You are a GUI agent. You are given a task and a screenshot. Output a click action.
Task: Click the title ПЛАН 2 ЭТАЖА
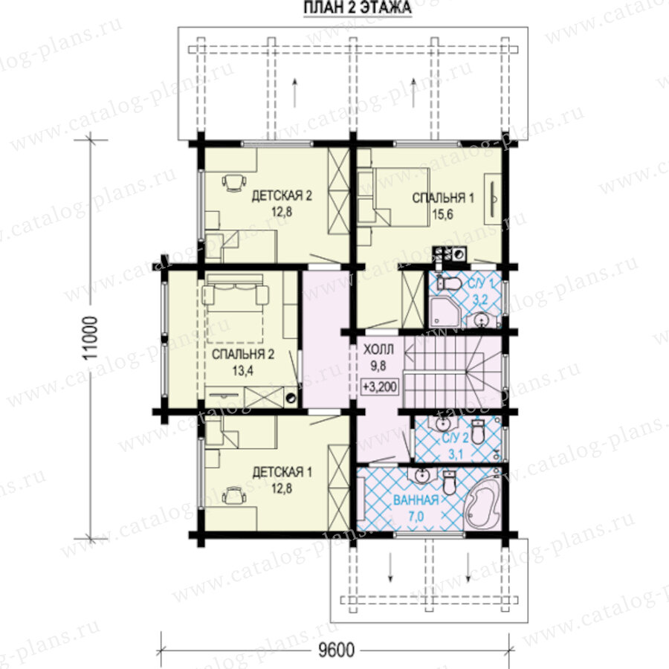click(358, 7)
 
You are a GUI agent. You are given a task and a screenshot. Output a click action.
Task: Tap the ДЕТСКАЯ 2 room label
click(282, 195)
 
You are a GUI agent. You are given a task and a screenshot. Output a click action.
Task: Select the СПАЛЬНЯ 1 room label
click(443, 198)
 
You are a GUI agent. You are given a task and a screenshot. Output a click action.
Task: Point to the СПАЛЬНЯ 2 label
click(243, 354)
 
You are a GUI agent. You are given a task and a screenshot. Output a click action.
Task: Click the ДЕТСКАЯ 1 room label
click(282, 472)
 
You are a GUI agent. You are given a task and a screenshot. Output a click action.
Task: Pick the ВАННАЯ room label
click(416, 500)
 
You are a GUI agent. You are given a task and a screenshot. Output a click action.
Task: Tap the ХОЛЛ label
click(378, 350)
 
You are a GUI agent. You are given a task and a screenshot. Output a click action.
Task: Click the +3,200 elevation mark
click(380, 387)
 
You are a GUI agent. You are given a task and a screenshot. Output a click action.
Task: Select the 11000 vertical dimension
click(91, 338)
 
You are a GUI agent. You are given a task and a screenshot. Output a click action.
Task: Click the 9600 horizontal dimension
click(336, 650)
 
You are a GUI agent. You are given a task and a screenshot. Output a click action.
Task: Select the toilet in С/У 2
click(478, 432)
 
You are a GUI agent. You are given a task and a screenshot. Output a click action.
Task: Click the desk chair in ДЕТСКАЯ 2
click(234, 182)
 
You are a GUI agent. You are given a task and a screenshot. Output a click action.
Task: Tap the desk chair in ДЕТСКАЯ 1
click(234, 495)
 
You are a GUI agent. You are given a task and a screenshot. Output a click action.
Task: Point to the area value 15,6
click(442, 214)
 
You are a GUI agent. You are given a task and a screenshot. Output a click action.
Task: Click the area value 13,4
click(243, 370)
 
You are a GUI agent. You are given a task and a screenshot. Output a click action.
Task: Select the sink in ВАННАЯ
click(422, 474)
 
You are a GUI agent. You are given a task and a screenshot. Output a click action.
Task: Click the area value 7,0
click(416, 517)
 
